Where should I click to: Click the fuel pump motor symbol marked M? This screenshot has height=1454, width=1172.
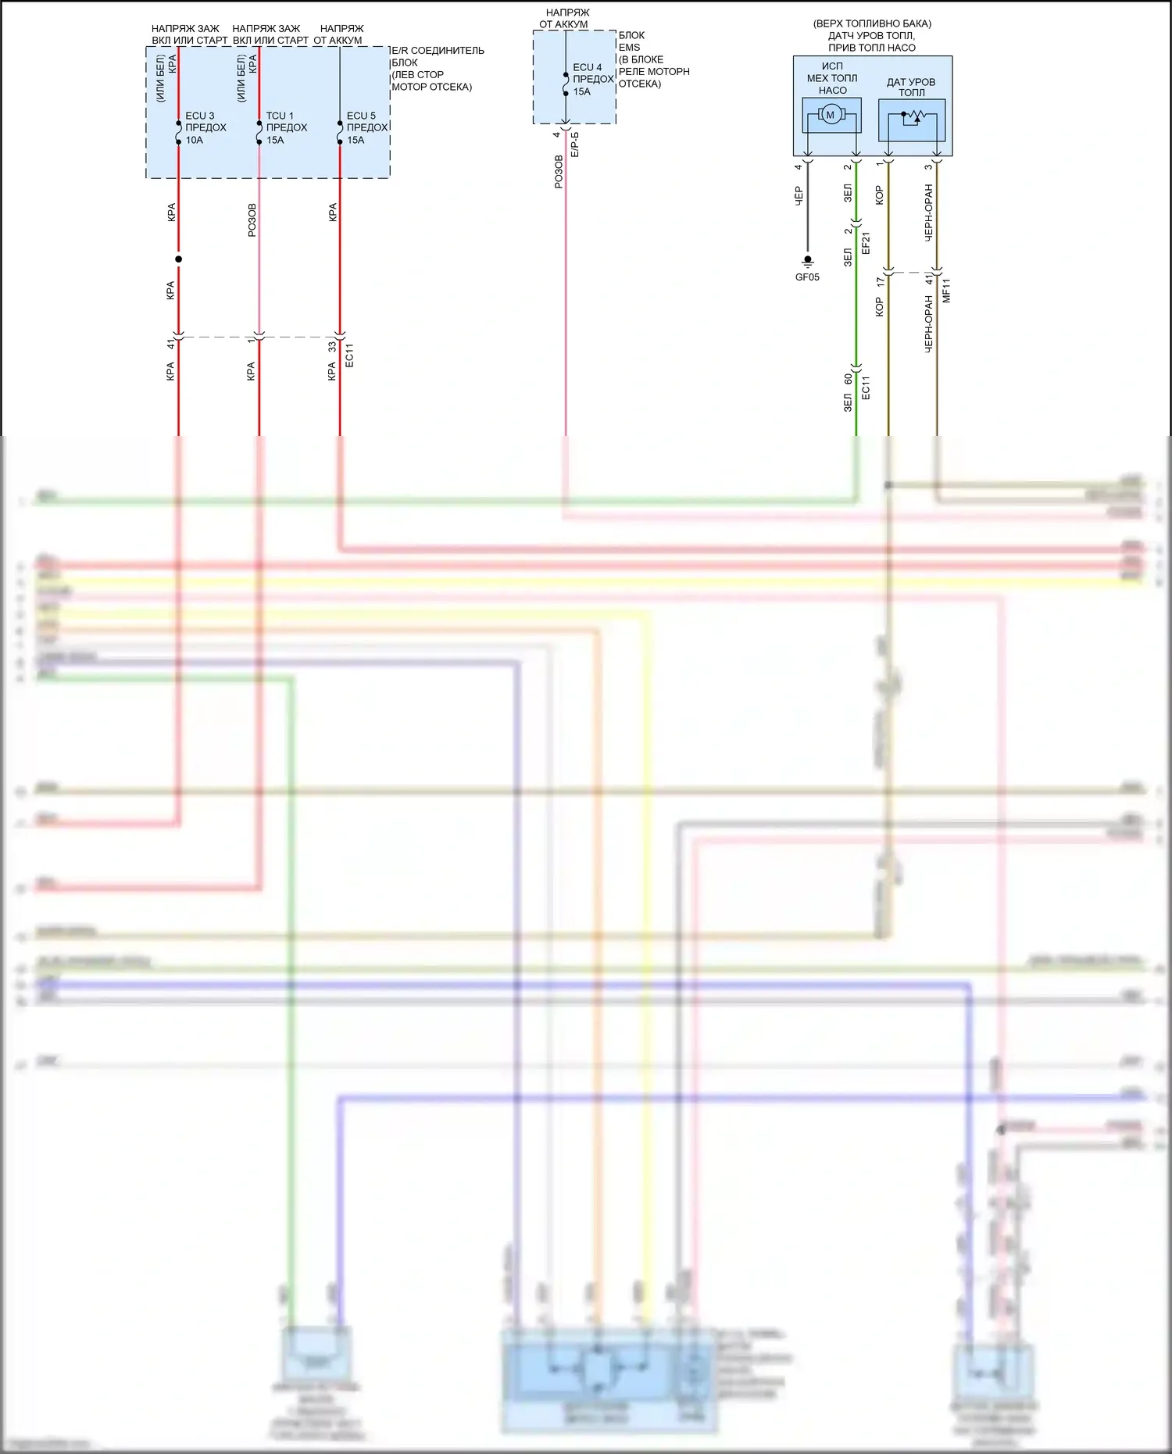(830, 116)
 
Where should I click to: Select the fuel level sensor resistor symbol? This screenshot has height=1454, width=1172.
(912, 117)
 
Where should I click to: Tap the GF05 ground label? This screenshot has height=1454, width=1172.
(807, 277)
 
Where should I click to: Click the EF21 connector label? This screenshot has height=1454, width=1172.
(866, 243)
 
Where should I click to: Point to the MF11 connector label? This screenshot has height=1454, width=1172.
(946, 290)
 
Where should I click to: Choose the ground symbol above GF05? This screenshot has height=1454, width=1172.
(808, 261)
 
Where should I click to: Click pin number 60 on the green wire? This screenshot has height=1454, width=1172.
(848, 379)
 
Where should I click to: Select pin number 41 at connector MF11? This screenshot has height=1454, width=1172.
(928, 279)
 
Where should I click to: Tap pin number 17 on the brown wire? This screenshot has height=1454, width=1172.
(880, 280)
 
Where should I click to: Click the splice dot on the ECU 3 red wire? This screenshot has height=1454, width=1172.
(179, 259)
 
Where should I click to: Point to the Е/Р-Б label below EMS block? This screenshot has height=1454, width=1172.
(575, 145)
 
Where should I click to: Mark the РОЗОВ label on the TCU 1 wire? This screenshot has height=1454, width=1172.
(252, 220)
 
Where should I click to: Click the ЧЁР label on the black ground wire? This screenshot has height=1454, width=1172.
(799, 195)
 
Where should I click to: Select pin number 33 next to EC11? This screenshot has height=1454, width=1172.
(332, 346)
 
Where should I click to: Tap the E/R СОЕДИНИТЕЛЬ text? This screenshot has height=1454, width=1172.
(438, 51)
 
